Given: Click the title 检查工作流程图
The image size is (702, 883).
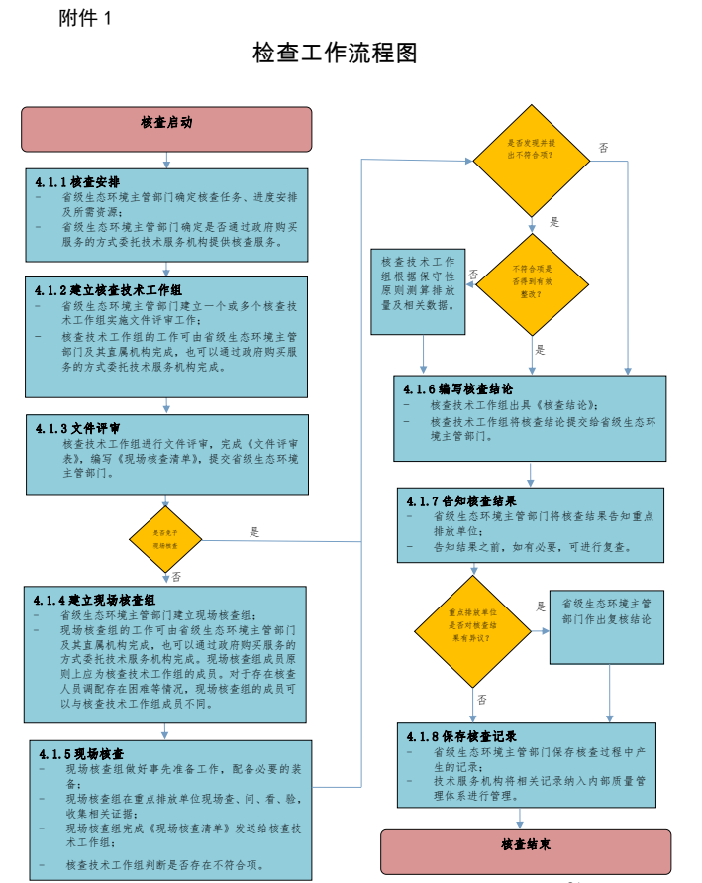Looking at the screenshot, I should (x=335, y=53).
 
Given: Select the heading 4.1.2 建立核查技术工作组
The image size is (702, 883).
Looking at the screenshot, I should (x=108, y=290).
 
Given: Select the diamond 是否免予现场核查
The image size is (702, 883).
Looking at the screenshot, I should (x=165, y=539).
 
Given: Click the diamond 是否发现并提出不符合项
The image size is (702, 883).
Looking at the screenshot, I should (x=531, y=149).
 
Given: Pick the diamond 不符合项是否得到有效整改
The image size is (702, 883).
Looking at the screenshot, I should (x=532, y=285).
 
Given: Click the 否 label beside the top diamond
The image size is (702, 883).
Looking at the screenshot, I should (x=603, y=148).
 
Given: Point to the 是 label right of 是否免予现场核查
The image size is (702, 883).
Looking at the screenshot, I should (x=254, y=532).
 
